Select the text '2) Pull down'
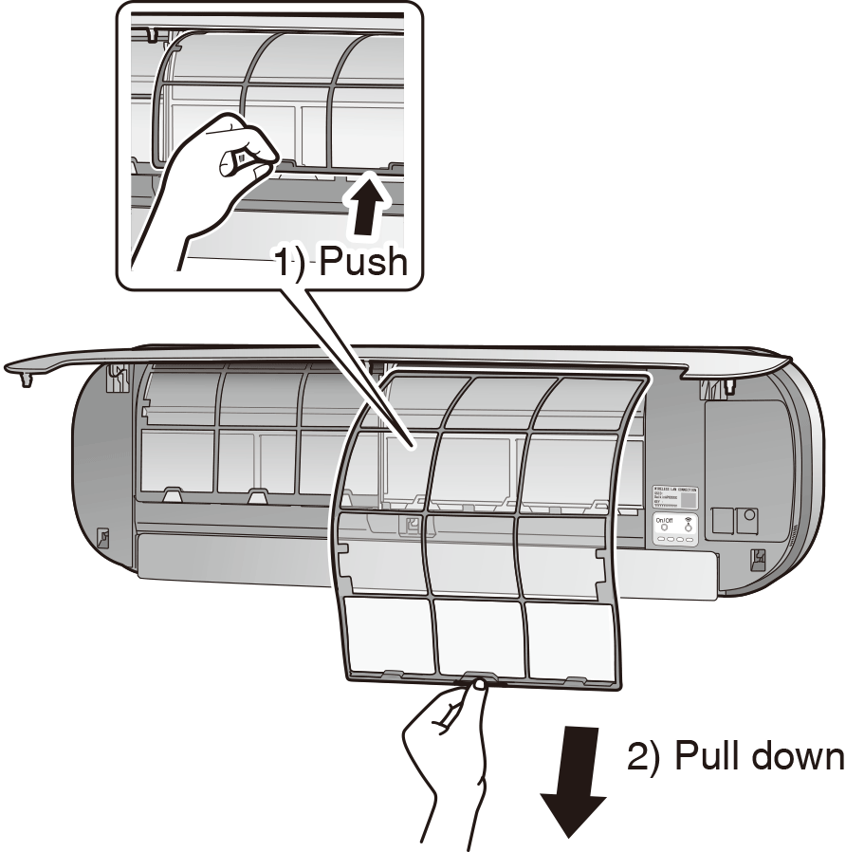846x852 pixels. [735, 757]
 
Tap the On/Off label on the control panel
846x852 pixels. [664, 520]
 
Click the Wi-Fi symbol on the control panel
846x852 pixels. [688, 520]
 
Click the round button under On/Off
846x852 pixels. [664, 528]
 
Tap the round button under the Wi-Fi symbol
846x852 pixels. [688, 528]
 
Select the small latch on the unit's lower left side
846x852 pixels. [102, 538]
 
